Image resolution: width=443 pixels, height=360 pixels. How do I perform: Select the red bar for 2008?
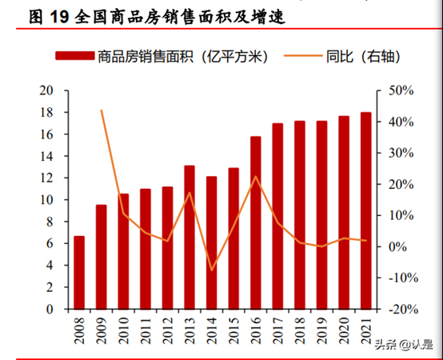tap(79, 272)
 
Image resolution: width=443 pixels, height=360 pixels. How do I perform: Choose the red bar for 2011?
tap(146, 248)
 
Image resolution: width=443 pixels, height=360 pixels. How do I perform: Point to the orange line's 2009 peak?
tap(102, 110)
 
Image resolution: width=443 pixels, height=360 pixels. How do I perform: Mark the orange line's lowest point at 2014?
tap(212, 270)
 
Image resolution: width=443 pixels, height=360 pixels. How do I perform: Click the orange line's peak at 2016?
tap(256, 177)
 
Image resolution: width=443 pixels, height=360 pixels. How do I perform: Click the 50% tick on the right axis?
tap(400, 90)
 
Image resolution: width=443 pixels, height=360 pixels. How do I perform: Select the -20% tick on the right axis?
tap(398, 309)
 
